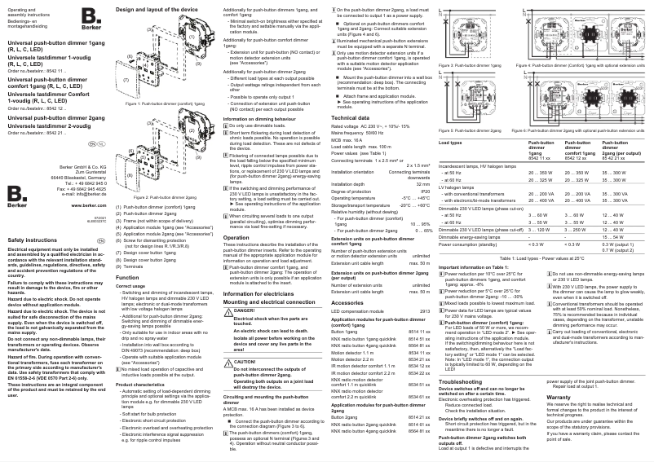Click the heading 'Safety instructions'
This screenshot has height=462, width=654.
tap(32, 240)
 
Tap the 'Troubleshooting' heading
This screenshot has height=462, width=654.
tap(462, 381)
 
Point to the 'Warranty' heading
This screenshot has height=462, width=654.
tap(559, 396)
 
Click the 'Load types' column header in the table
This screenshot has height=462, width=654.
tap(451, 143)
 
